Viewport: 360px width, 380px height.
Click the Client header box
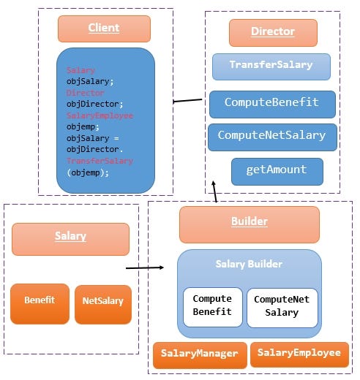click(x=104, y=28)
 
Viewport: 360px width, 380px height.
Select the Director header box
click(x=272, y=32)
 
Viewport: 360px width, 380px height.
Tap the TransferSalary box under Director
click(x=271, y=66)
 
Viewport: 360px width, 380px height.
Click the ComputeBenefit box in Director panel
click(x=271, y=104)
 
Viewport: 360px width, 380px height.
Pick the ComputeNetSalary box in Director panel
click(x=271, y=136)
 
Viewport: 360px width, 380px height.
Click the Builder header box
click(x=249, y=222)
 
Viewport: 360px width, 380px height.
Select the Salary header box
click(x=70, y=237)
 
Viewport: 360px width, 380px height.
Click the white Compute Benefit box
click(x=212, y=306)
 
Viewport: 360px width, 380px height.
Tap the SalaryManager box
click(x=199, y=354)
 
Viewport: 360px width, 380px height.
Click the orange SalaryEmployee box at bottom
click(x=299, y=354)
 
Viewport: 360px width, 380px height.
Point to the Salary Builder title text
click(x=249, y=264)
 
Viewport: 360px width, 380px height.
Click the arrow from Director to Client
click(x=188, y=101)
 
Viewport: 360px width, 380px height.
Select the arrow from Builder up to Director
click(x=214, y=191)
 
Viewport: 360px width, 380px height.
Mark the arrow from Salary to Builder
click(x=144, y=267)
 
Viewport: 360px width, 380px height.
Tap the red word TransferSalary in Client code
click(x=91, y=160)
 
